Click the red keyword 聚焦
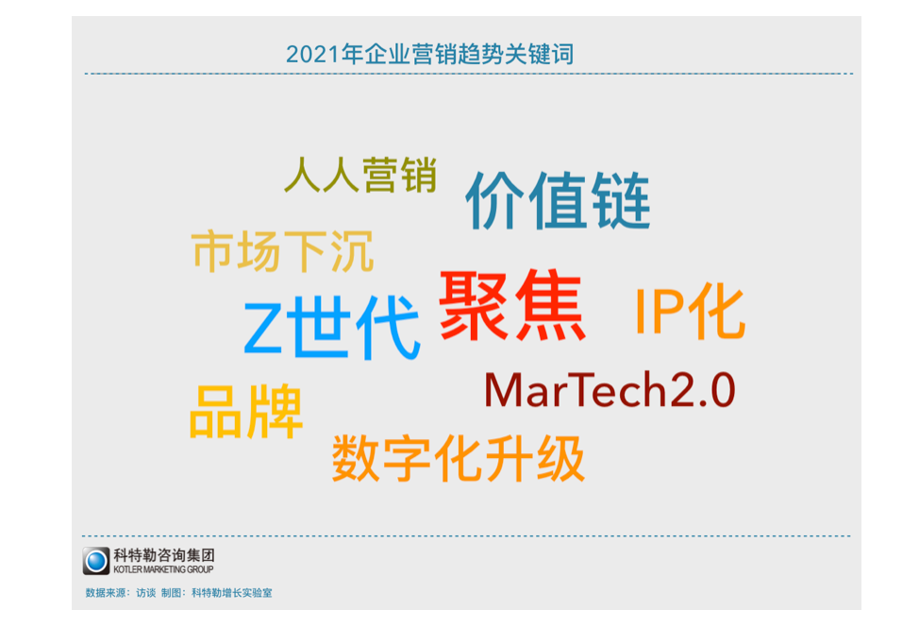pos(512,305)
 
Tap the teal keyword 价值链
pos(558,200)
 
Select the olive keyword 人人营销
pos(360,174)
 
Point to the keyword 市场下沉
pos(282,251)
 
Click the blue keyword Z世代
pos(332,328)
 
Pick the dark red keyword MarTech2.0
pos(610,389)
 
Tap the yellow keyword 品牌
pos(245,412)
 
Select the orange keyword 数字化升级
pos(459,458)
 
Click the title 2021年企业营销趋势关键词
pos(429,55)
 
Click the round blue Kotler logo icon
pos(96,561)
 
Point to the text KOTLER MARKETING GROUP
pos(163,569)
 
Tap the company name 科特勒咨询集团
pos(164,555)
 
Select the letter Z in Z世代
pos(263,328)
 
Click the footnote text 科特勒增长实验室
pos(231,593)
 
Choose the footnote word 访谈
pos(146,593)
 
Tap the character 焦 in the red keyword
pos(550,305)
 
